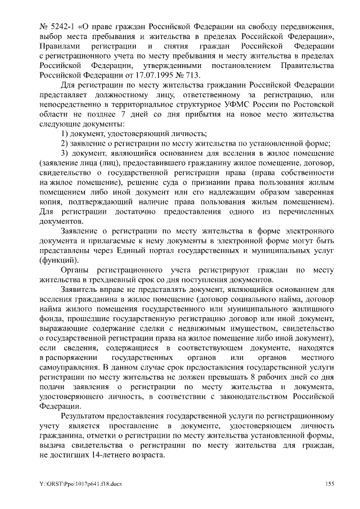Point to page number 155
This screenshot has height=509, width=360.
click(330, 484)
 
